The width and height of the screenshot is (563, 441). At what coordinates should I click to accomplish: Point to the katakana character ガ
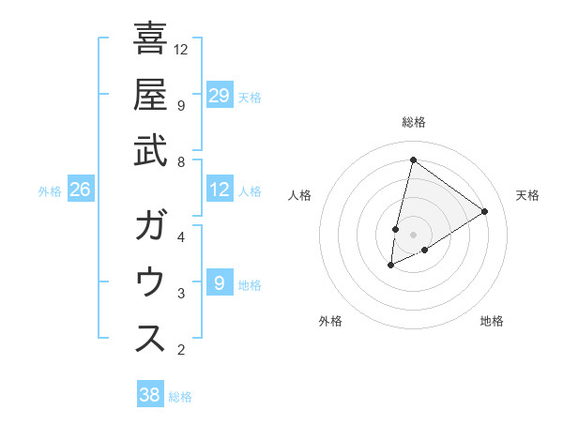(151, 226)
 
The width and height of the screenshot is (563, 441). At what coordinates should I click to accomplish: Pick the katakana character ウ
(151, 282)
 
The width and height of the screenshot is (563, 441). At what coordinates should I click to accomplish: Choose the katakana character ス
(151, 339)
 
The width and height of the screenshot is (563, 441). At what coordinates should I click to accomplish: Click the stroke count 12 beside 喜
(182, 49)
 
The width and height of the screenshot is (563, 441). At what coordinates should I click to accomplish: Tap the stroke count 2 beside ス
(180, 350)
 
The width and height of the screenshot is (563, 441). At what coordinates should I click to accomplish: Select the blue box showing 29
(220, 96)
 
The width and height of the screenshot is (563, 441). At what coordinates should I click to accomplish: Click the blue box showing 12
(220, 190)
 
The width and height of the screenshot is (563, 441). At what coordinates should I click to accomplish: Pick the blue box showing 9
(220, 283)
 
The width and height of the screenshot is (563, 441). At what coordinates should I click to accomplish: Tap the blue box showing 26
(81, 190)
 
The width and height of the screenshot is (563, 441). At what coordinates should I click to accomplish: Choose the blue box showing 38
(150, 395)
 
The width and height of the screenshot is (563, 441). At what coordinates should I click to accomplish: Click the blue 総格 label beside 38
(180, 397)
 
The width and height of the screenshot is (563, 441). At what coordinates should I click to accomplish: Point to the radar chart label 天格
(527, 195)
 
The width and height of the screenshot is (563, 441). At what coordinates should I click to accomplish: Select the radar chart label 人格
(300, 195)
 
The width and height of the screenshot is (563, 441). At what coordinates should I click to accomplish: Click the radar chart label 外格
(330, 321)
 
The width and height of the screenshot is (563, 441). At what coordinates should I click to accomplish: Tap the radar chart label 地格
(492, 321)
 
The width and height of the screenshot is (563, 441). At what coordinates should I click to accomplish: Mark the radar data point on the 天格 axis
(485, 211)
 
